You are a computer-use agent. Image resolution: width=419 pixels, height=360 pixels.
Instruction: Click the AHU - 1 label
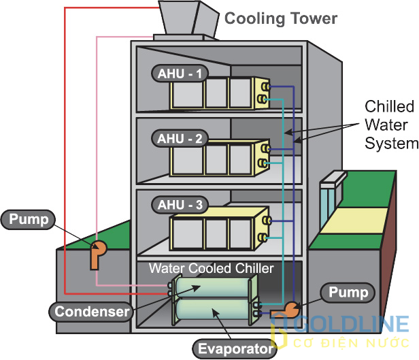point(178,73)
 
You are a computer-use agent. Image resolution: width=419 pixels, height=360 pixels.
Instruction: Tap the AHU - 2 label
point(178,138)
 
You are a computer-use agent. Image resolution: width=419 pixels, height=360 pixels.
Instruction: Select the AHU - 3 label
point(178,204)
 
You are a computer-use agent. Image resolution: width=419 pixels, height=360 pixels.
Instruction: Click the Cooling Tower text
point(280,18)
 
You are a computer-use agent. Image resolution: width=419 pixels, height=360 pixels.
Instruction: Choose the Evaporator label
point(235,349)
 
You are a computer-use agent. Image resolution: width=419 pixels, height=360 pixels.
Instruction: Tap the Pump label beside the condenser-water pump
point(29,219)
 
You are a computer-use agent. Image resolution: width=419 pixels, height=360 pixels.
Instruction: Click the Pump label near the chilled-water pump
point(348,293)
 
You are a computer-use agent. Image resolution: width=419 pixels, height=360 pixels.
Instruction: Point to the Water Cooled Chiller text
point(211,268)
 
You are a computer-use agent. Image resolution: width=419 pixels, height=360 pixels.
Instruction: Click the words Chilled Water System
point(390,125)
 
